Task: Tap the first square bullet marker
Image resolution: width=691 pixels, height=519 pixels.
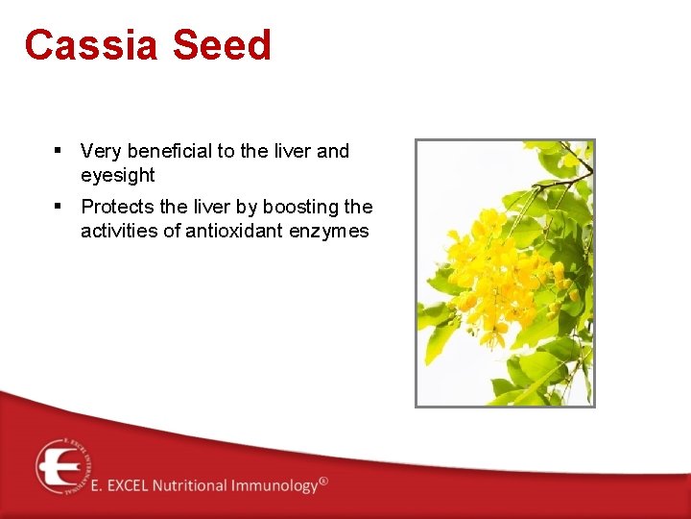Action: [x=59, y=150]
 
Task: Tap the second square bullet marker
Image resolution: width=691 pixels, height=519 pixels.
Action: [x=59, y=206]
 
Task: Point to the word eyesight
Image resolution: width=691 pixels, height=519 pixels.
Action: [x=118, y=175]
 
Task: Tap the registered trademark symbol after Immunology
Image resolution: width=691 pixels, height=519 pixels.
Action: [x=323, y=481]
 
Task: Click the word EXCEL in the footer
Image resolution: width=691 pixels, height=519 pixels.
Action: [x=131, y=485]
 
